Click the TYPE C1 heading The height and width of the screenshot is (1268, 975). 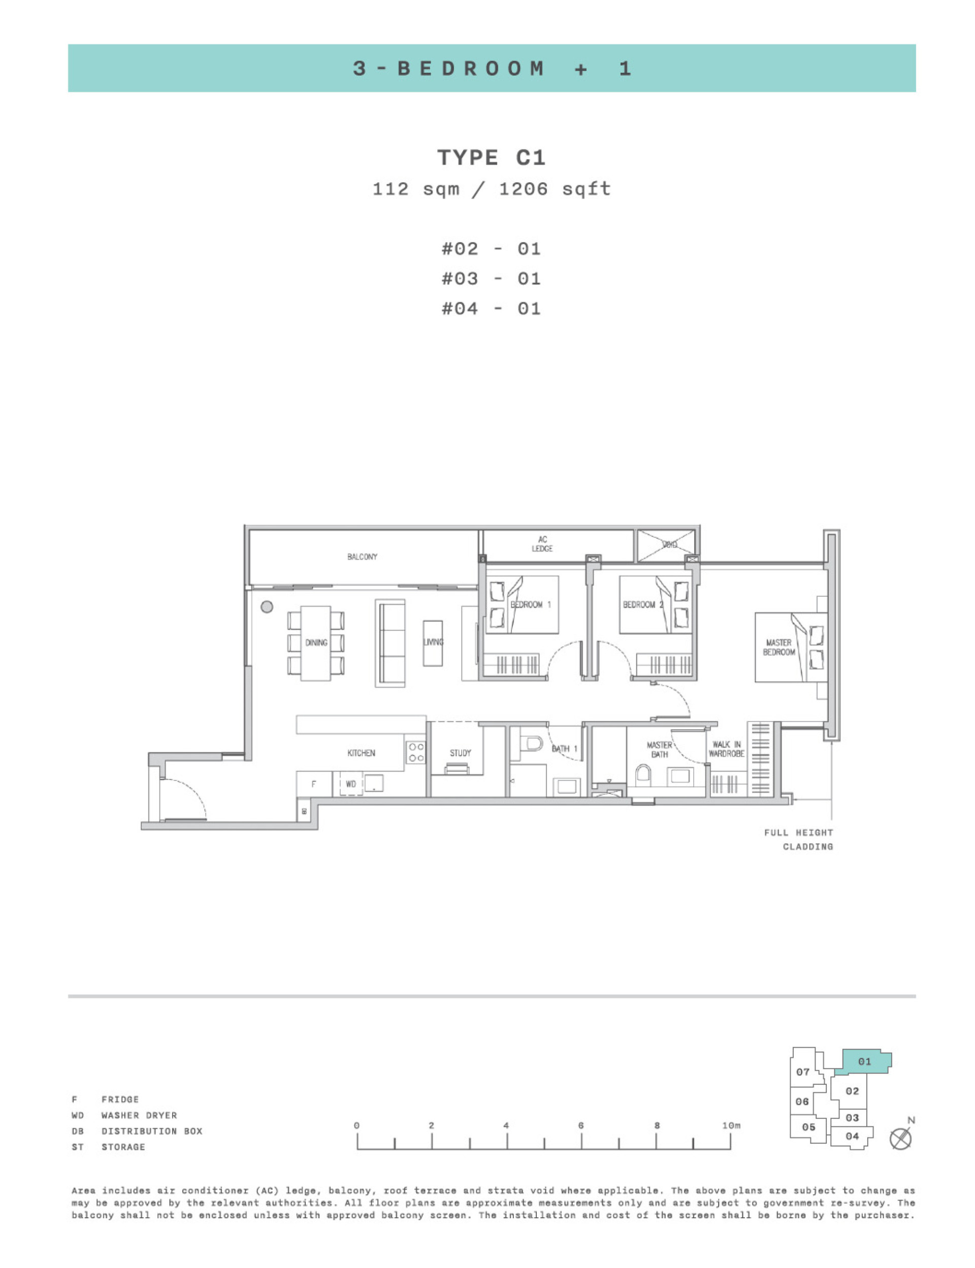[x=491, y=158]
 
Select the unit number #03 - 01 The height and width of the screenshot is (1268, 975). [x=491, y=279]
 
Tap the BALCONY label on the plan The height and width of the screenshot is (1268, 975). [x=362, y=557]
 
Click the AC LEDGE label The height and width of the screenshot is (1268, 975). [x=542, y=544]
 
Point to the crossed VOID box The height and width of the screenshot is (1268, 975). [x=666, y=545]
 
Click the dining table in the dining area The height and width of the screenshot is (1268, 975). [x=316, y=643]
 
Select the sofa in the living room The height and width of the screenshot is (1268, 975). [x=390, y=643]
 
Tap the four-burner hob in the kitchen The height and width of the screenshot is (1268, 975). [x=416, y=752]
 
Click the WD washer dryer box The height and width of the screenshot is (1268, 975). [x=351, y=784]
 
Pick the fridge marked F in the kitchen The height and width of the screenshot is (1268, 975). [x=314, y=784]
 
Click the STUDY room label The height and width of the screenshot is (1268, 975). [x=460, y=753]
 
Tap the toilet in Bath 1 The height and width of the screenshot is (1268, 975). [x=532, y=744]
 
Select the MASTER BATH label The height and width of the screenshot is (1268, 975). [x=659, y=749]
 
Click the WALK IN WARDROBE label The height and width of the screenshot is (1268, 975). [x=726, y=749]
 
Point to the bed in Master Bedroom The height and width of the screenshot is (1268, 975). [x=789, y=647]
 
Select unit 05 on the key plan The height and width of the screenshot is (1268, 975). [x=808, y=1126]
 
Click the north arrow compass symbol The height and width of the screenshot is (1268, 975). [x=900, y=1139]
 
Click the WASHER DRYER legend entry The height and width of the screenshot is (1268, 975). [x=139, y=1115]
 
